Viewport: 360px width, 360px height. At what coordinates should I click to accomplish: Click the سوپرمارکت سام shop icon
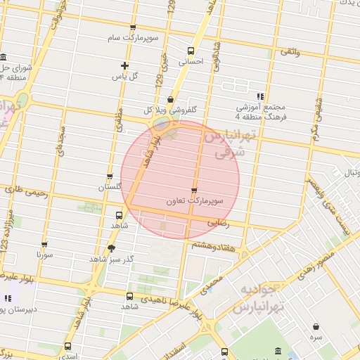pyautogui.click(x=133, y=28)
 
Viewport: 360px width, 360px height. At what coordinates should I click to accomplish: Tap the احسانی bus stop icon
pyautogui.click(x=191, y=51)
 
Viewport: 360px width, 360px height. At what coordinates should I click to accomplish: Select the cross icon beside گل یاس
pyautogui.click(x=124, y=65)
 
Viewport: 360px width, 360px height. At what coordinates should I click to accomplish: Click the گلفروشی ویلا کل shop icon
pyautogui.click(x=171, y=99)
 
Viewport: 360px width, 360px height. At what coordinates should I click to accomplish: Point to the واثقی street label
pyautogui.click(x=290, y=52)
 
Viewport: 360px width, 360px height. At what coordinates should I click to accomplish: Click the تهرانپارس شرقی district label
pyautogui.click(x=226, y=143)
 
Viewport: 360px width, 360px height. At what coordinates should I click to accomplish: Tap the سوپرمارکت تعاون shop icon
pyautogui.click(x=194, y=191)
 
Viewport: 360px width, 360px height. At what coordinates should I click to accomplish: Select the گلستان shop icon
pyautogui.click(x=110, y=176)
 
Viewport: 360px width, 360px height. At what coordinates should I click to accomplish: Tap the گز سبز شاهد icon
pyautogui.click(x=110, y=248)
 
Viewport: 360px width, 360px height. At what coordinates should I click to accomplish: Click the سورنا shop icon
pyautogui.click(x=44, y=245)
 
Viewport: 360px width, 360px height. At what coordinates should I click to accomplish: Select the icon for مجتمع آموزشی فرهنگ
pyautogui.click(x=260, y=96)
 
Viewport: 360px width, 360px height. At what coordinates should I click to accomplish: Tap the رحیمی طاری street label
pyautogui.click(x=25, y=190)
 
